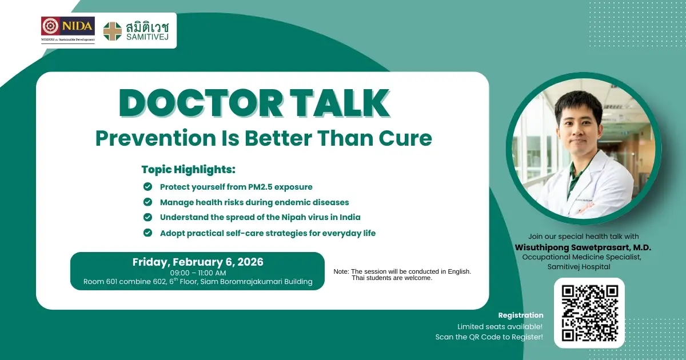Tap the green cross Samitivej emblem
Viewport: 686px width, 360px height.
(x=112, y=31)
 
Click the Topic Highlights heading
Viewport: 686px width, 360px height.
(x=189, y=170)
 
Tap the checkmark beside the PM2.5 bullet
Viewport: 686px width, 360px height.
(x=147, y=187)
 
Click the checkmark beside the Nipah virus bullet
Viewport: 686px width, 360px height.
(x=147, y=217)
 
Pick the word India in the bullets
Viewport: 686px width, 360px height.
(x=348, y=217)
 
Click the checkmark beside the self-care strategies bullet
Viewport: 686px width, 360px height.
(x=147, y=233)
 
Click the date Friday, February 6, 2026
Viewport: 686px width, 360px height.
(x=198, y=262)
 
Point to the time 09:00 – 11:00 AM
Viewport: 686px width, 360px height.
(x=198, y=273)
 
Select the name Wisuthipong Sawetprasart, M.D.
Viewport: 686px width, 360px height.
(x=583, y=247)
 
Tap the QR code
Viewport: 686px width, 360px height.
(x=589, y=313)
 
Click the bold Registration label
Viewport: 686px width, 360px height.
(x=521, y=315)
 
